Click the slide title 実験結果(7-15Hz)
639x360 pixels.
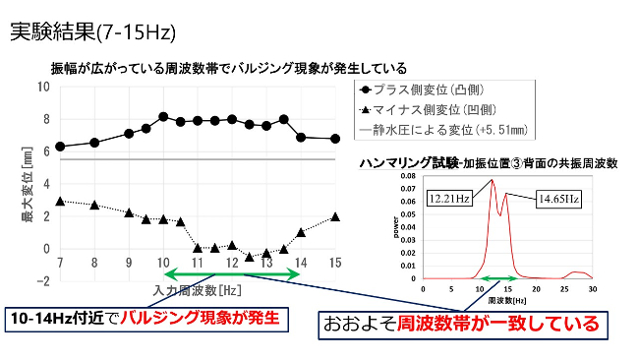tap(92, 32)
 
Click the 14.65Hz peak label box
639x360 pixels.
tap(558, 200)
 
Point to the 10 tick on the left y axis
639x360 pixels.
tap(42, 87)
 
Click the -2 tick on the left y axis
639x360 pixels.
tap(42, 280)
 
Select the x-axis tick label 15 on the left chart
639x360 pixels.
tap(335, 262)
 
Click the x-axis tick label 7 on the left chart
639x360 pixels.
tap(60, 262)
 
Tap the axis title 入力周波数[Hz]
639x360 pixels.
tap(197, 291)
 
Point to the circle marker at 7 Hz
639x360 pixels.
tap(60, 147)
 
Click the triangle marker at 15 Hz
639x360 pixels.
tap(335, 216)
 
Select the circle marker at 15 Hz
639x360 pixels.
tap(335, 139)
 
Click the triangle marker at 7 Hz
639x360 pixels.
tap(60, 201)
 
